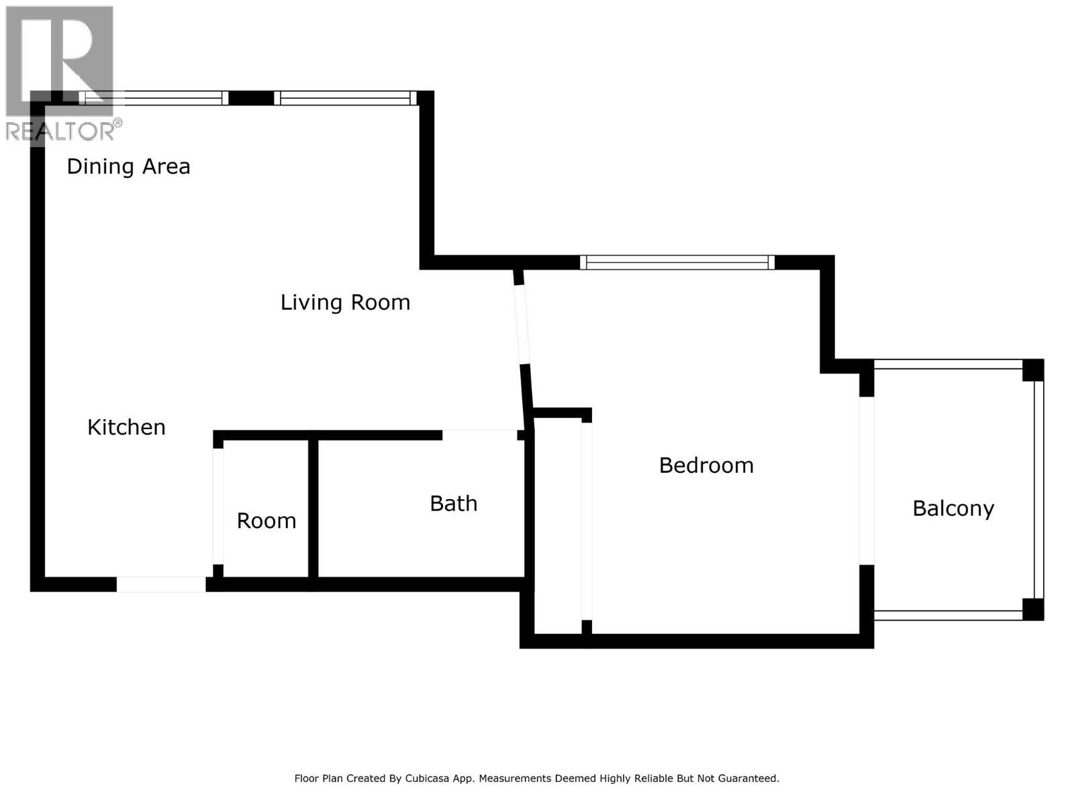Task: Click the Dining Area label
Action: [128, 167]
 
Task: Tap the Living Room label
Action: [345, 302]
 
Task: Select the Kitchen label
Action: [126, 427]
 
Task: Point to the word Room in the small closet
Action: [266, 521]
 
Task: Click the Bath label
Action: [454, 503]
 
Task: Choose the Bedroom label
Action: [706, 465]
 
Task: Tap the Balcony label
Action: [953, 508]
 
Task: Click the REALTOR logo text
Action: [60, 131]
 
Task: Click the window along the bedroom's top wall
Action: [677, 263]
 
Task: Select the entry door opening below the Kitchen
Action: [161, 584]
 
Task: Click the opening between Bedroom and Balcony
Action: [867, 480]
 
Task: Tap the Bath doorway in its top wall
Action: [479, 435]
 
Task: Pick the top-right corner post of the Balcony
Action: [1033, 370]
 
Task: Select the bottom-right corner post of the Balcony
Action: [1033, 609]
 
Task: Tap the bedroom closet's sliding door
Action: [587, 521]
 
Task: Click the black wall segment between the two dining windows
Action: [251, 98]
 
